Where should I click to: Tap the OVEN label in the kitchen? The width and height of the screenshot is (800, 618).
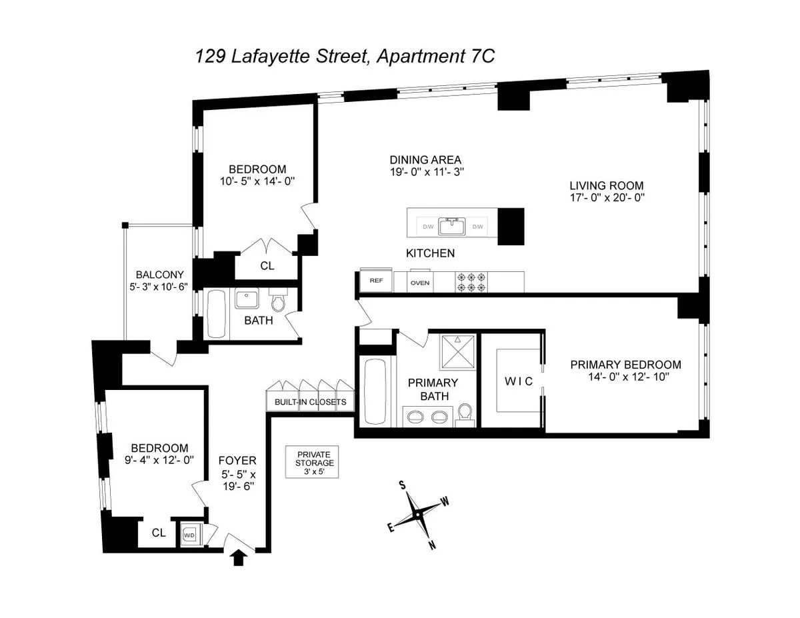(x=419, y=283)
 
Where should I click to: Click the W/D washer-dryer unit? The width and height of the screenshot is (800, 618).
(x=189, y=535)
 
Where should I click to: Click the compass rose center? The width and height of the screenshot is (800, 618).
(x=417, y=514)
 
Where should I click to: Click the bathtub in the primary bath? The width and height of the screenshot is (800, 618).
(x=377, y=391)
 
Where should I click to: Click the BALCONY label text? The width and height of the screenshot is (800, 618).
(x=159, y=274)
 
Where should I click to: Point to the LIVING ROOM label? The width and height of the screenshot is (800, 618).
(x=606, y=185)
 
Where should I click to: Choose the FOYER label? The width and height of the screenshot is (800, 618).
(x=237, y=461)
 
